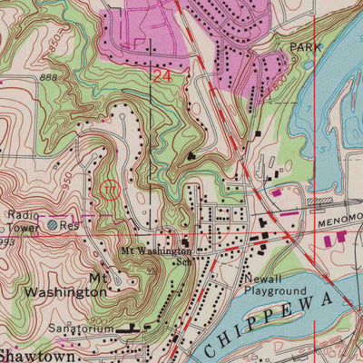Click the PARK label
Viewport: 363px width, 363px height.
pos(306,45)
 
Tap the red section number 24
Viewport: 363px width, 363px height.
pos(162,78)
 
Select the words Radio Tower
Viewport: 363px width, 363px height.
pos(23,221)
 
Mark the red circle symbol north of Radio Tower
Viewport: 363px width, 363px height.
pos(110,189)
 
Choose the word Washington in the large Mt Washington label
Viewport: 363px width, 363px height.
pos(64,292)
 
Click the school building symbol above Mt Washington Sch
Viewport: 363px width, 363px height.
pos(184,242)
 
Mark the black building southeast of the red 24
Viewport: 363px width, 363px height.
pos(191,157)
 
